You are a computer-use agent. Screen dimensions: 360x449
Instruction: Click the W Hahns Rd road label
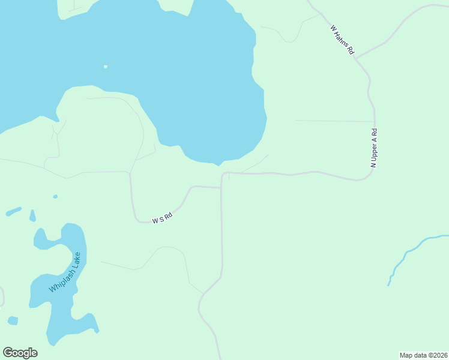pos(342,40)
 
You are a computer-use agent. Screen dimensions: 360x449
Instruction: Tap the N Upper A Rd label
pos(373,148)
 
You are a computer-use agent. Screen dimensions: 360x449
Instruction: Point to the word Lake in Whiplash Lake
pos(76,259)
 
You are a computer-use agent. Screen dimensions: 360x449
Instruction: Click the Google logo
pos(20,353)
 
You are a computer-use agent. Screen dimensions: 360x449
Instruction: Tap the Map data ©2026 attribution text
pos(423,355)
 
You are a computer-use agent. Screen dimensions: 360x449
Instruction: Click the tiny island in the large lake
pos(106,67)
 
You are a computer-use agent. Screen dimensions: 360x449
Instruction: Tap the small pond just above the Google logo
pos(13,320)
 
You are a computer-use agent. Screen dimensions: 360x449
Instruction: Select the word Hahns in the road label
pos(345,43)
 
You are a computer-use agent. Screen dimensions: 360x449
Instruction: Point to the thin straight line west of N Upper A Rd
pos(333,121)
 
